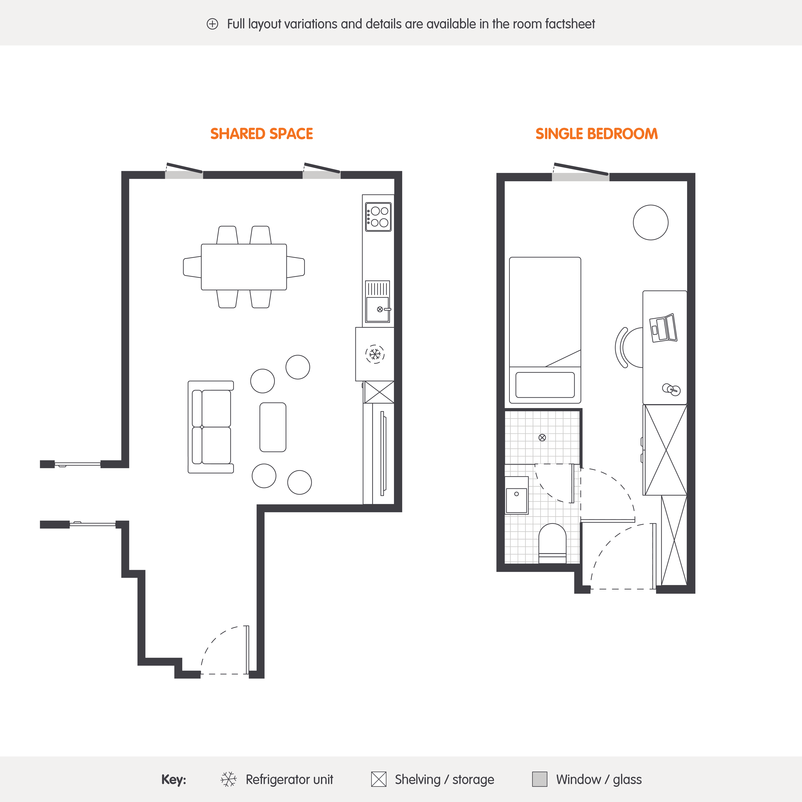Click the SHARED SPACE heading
pos(262,134)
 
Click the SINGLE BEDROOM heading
pos(596,134)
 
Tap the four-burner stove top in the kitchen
pos(378,217)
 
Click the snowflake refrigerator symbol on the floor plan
pos(375,354)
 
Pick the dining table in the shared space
pos(244,267)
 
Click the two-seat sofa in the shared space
pos(211,427)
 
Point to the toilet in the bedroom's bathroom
pos(552,543)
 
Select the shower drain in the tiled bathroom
pos(542,437)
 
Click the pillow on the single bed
pos(545,385)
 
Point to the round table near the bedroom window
pos(651,222)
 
